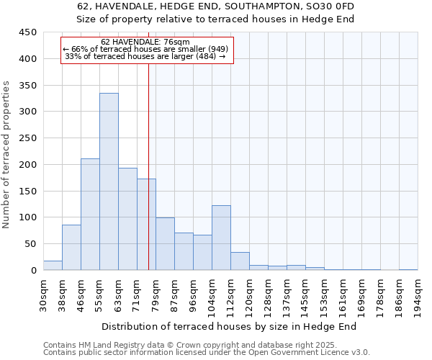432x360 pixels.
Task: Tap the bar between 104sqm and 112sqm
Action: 221,238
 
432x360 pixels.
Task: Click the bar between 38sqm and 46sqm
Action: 71,248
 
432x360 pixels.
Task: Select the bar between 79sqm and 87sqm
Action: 165,244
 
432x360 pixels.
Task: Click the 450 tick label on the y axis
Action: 27,32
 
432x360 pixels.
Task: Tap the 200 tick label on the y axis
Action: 27,165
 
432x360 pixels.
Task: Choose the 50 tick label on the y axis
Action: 30,244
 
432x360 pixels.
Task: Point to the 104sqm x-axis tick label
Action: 212,294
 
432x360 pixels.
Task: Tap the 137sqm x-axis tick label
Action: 287,294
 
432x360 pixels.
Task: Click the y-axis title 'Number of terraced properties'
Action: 6,154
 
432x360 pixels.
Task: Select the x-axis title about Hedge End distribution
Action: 234,327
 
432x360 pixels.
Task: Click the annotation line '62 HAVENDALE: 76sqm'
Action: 145,42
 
